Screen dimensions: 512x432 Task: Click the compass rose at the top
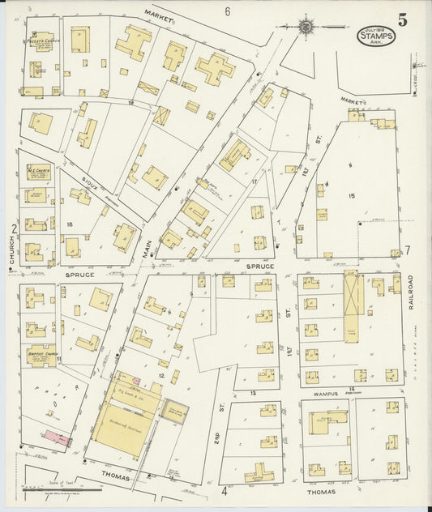click(x=306, y=27)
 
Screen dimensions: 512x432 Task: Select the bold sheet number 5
click(x=403, y=19)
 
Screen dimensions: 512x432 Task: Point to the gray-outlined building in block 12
click(x=174, y=412)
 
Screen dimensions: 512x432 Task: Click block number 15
click(x=352, y=195)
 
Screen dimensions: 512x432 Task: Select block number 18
click(x=70, y=224)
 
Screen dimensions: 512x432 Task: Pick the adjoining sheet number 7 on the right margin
click(x=408, y=250)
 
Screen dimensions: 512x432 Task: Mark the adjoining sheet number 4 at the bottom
click(x=225, y=490)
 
